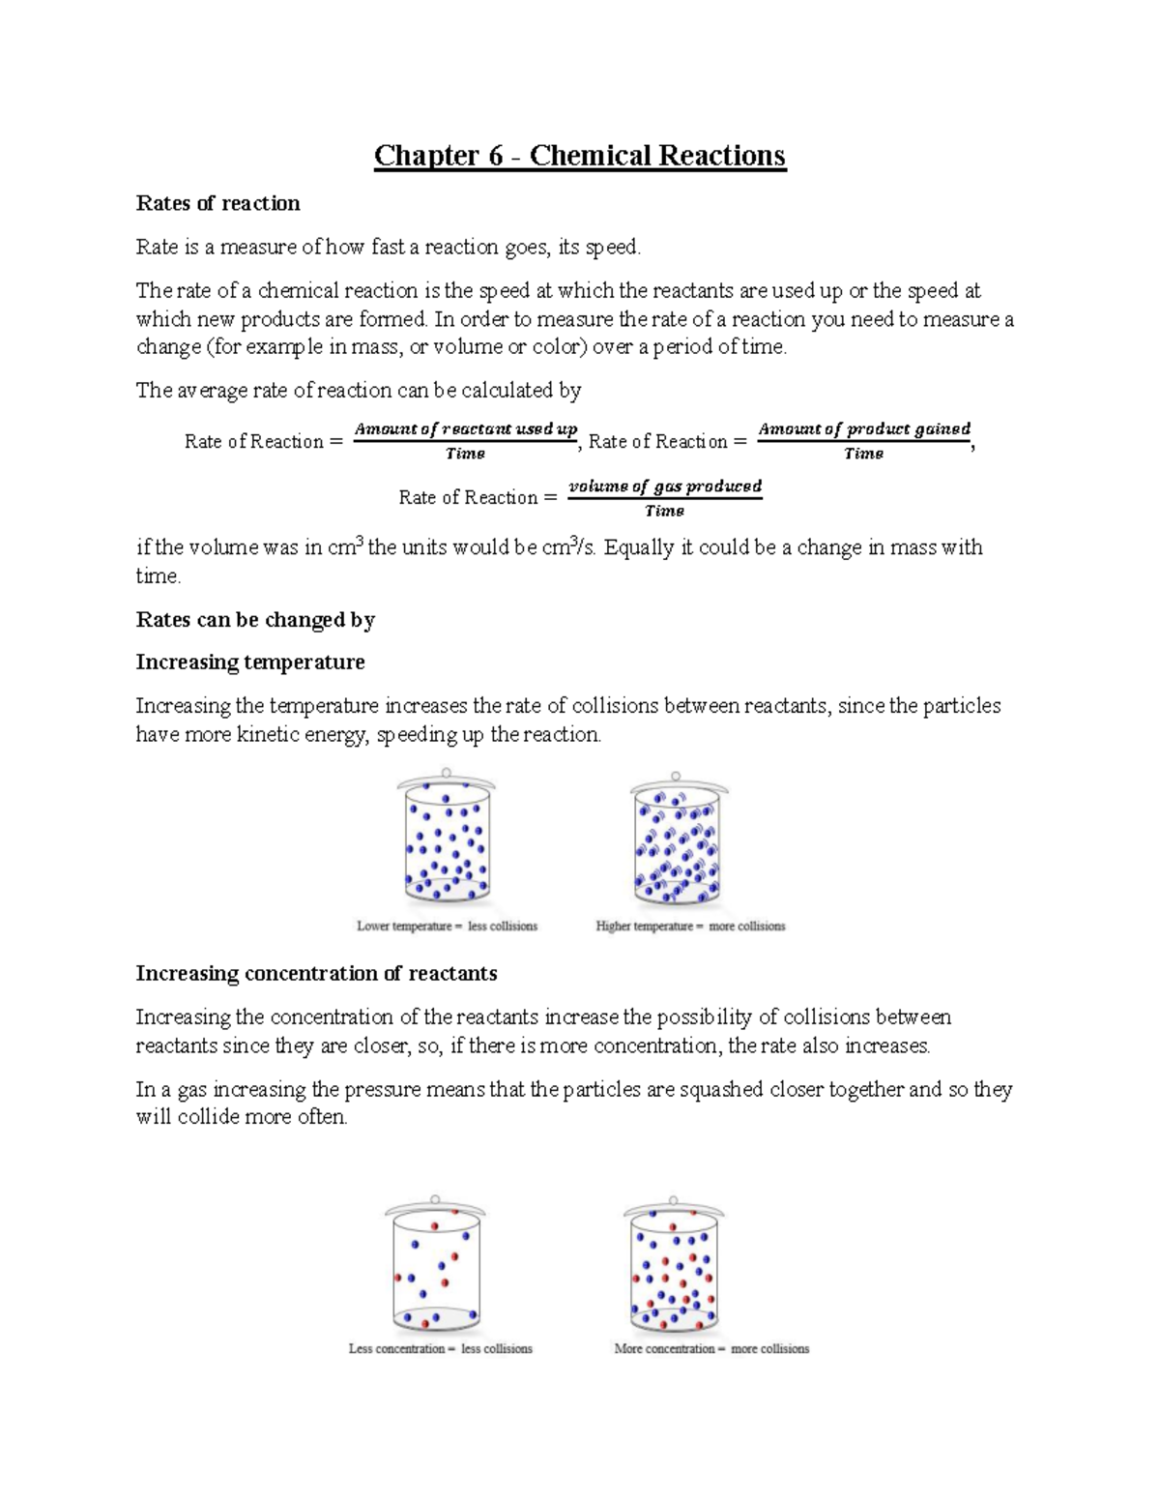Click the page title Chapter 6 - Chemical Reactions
(580, 156)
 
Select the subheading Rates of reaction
(217, 203)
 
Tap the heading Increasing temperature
(250, 663)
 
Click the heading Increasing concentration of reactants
(316, 974)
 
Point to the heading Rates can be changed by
(255, 620)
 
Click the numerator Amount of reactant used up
(466, 428)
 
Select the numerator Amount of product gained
(864, 428)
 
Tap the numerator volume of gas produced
(665, 486)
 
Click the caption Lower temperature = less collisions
(447, 927)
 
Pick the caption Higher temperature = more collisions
(690, 927)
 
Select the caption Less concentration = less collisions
(440, 1349)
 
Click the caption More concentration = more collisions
(711, 1349)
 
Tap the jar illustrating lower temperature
(446, 841)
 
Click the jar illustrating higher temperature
(676, 841)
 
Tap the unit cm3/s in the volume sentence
(570, 547)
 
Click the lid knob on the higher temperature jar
(676, 776)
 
